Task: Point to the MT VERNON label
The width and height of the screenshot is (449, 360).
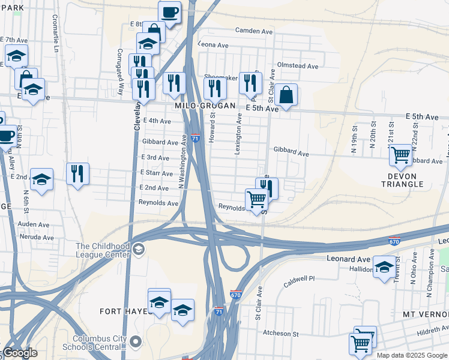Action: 426,314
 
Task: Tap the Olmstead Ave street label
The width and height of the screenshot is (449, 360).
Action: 295,65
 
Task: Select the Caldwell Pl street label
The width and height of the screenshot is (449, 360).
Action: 299,279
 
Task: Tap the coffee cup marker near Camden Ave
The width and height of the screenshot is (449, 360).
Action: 169,11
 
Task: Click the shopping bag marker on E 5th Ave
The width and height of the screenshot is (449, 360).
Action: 287,94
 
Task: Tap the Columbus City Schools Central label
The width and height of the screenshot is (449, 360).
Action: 100,342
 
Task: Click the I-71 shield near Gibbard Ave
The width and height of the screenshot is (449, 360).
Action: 195,138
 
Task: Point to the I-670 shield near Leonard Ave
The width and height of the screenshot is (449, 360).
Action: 394,240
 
